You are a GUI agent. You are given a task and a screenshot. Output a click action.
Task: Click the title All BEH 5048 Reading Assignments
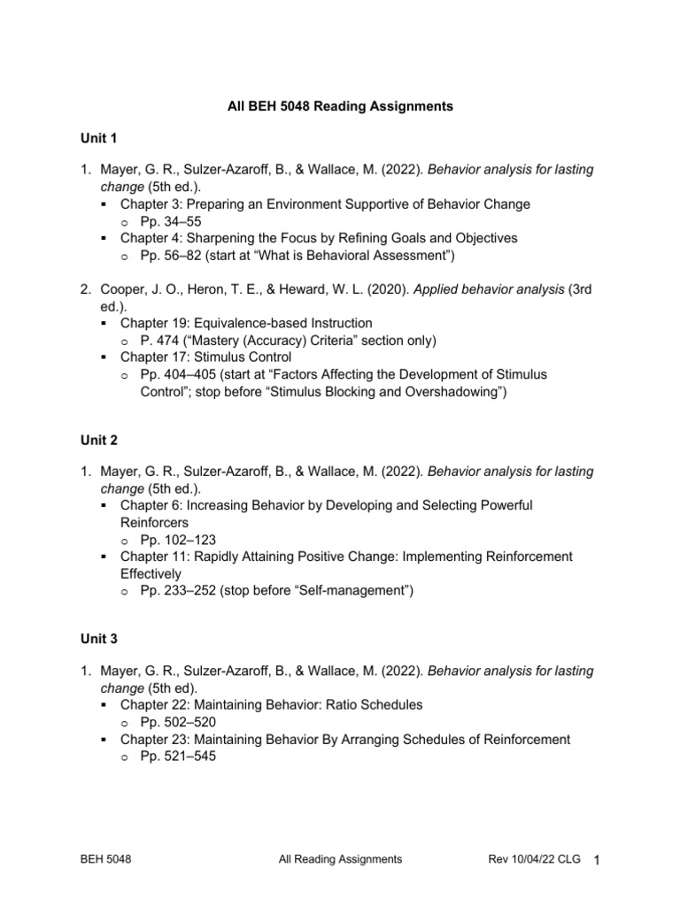[x=340, y=106]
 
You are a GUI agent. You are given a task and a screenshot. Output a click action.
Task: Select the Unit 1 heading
[x=98, y=138]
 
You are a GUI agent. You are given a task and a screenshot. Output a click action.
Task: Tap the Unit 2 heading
[x=98, y=440]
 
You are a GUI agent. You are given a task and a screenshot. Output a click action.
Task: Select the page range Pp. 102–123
[x=178, y=539]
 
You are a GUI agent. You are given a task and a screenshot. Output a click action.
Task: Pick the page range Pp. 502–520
[x=178, y=722]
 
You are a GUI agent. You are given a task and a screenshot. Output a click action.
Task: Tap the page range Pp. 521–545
[x=178, y=756]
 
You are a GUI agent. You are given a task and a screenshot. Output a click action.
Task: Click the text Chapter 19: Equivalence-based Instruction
[x=246, y=323]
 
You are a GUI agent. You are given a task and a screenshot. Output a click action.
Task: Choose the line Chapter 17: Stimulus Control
[x=206, y=357]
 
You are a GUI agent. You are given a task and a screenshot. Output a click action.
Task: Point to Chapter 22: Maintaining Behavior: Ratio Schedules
[x=271, y=705]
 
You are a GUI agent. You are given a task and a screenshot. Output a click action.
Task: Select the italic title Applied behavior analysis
[x=477, y=289]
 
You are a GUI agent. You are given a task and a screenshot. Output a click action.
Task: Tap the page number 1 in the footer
[x=597, y=860]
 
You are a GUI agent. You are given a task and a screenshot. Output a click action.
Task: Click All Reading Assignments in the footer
[x=340, y=859]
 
